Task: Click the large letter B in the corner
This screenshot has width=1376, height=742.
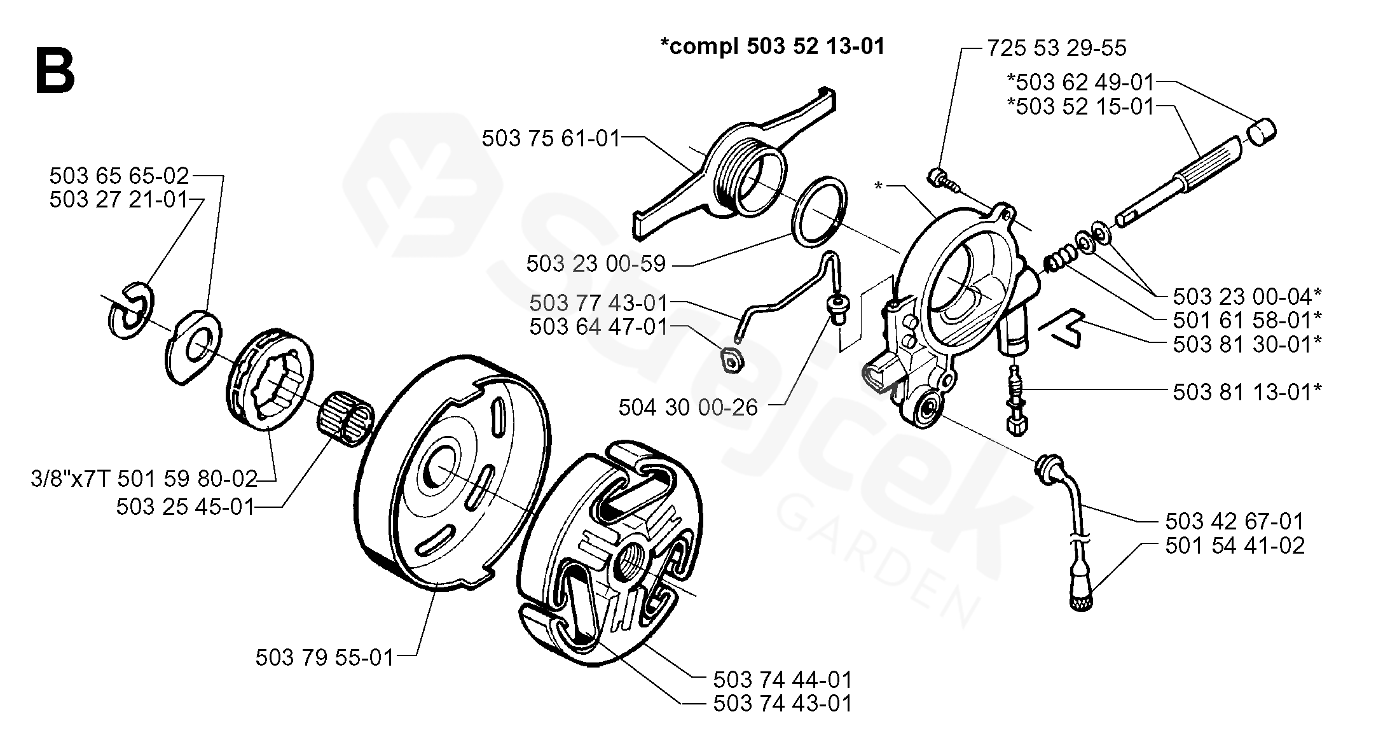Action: coord(55,71)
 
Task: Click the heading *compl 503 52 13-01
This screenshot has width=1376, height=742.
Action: coord(772,46)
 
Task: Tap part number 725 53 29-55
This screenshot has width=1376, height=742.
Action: coord(1056,48)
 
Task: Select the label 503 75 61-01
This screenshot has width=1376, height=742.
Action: coord(551,138)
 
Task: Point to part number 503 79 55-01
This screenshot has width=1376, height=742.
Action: coord(325,657)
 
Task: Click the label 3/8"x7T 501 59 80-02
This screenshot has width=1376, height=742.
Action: coord(144,478)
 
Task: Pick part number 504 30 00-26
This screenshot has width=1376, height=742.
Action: coord(688,407)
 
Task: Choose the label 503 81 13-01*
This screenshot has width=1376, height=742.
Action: coord(1247,392)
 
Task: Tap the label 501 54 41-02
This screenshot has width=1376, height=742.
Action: coord(1235,545)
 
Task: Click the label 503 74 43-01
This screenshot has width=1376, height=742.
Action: coord(782,704)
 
